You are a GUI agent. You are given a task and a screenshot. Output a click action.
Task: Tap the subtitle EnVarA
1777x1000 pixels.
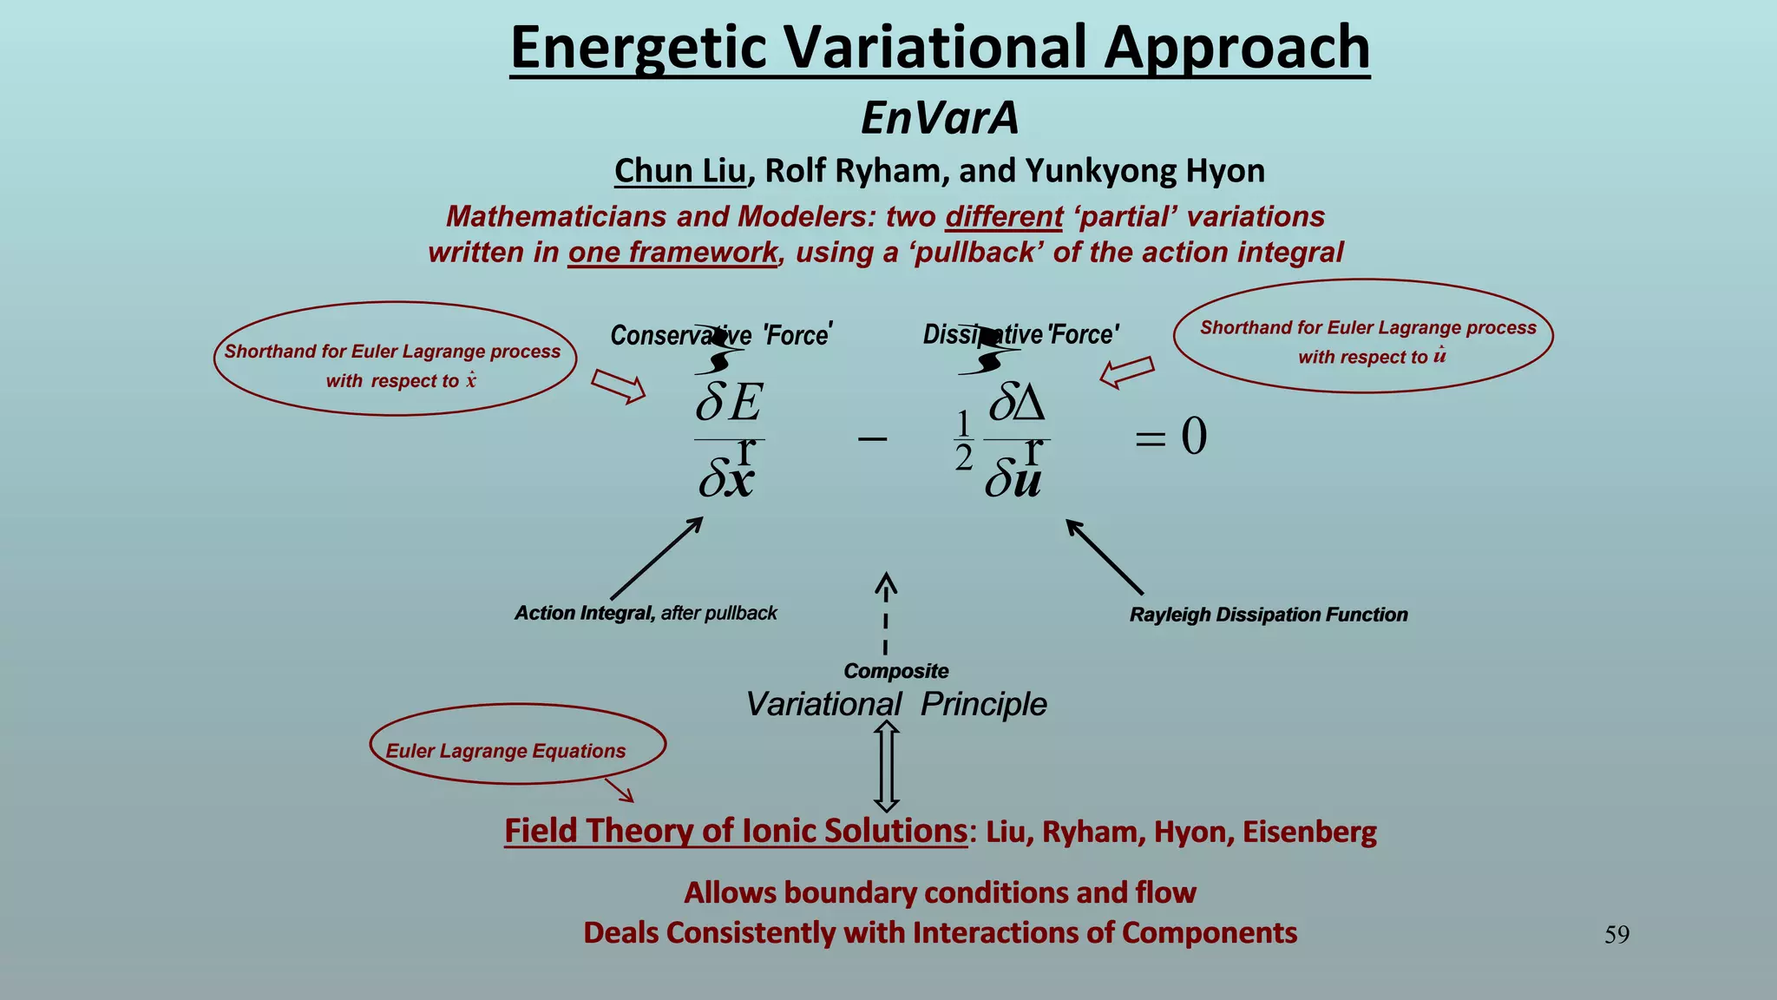(x=940, y=118)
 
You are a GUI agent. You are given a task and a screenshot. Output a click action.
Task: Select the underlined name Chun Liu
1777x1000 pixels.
(x=680, y=171)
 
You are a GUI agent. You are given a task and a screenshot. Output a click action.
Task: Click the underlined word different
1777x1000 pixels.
(x=1004, y=216)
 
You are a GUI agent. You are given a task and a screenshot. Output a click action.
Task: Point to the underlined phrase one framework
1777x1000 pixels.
(x=672, y=253)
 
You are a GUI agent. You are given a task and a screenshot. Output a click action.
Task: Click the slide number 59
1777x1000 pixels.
(x=1616, y=935)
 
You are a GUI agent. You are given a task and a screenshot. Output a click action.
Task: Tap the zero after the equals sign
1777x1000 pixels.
(x=1194, y=436)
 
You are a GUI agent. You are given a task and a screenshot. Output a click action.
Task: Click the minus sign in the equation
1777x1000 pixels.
(x=872, y=438)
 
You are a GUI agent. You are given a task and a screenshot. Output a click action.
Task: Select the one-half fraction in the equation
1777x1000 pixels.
(x=963, y=440)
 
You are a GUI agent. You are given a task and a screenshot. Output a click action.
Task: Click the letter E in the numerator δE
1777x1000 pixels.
(x=745, y=403)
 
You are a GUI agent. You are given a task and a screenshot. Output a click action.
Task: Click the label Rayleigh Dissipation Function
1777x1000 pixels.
(x=1268, y=615)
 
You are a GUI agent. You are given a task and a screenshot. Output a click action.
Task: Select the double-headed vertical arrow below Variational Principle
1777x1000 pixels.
(x=886, y=767)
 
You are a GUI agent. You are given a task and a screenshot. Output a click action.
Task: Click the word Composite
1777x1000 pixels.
(x=895, y=671)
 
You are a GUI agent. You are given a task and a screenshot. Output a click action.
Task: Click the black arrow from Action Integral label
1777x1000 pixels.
(x=656, y=558)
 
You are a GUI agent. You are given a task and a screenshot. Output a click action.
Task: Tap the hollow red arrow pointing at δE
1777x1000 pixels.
(x=619, y=386)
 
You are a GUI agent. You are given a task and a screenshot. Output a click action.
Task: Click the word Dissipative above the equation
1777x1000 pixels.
(x=982, y=334)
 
